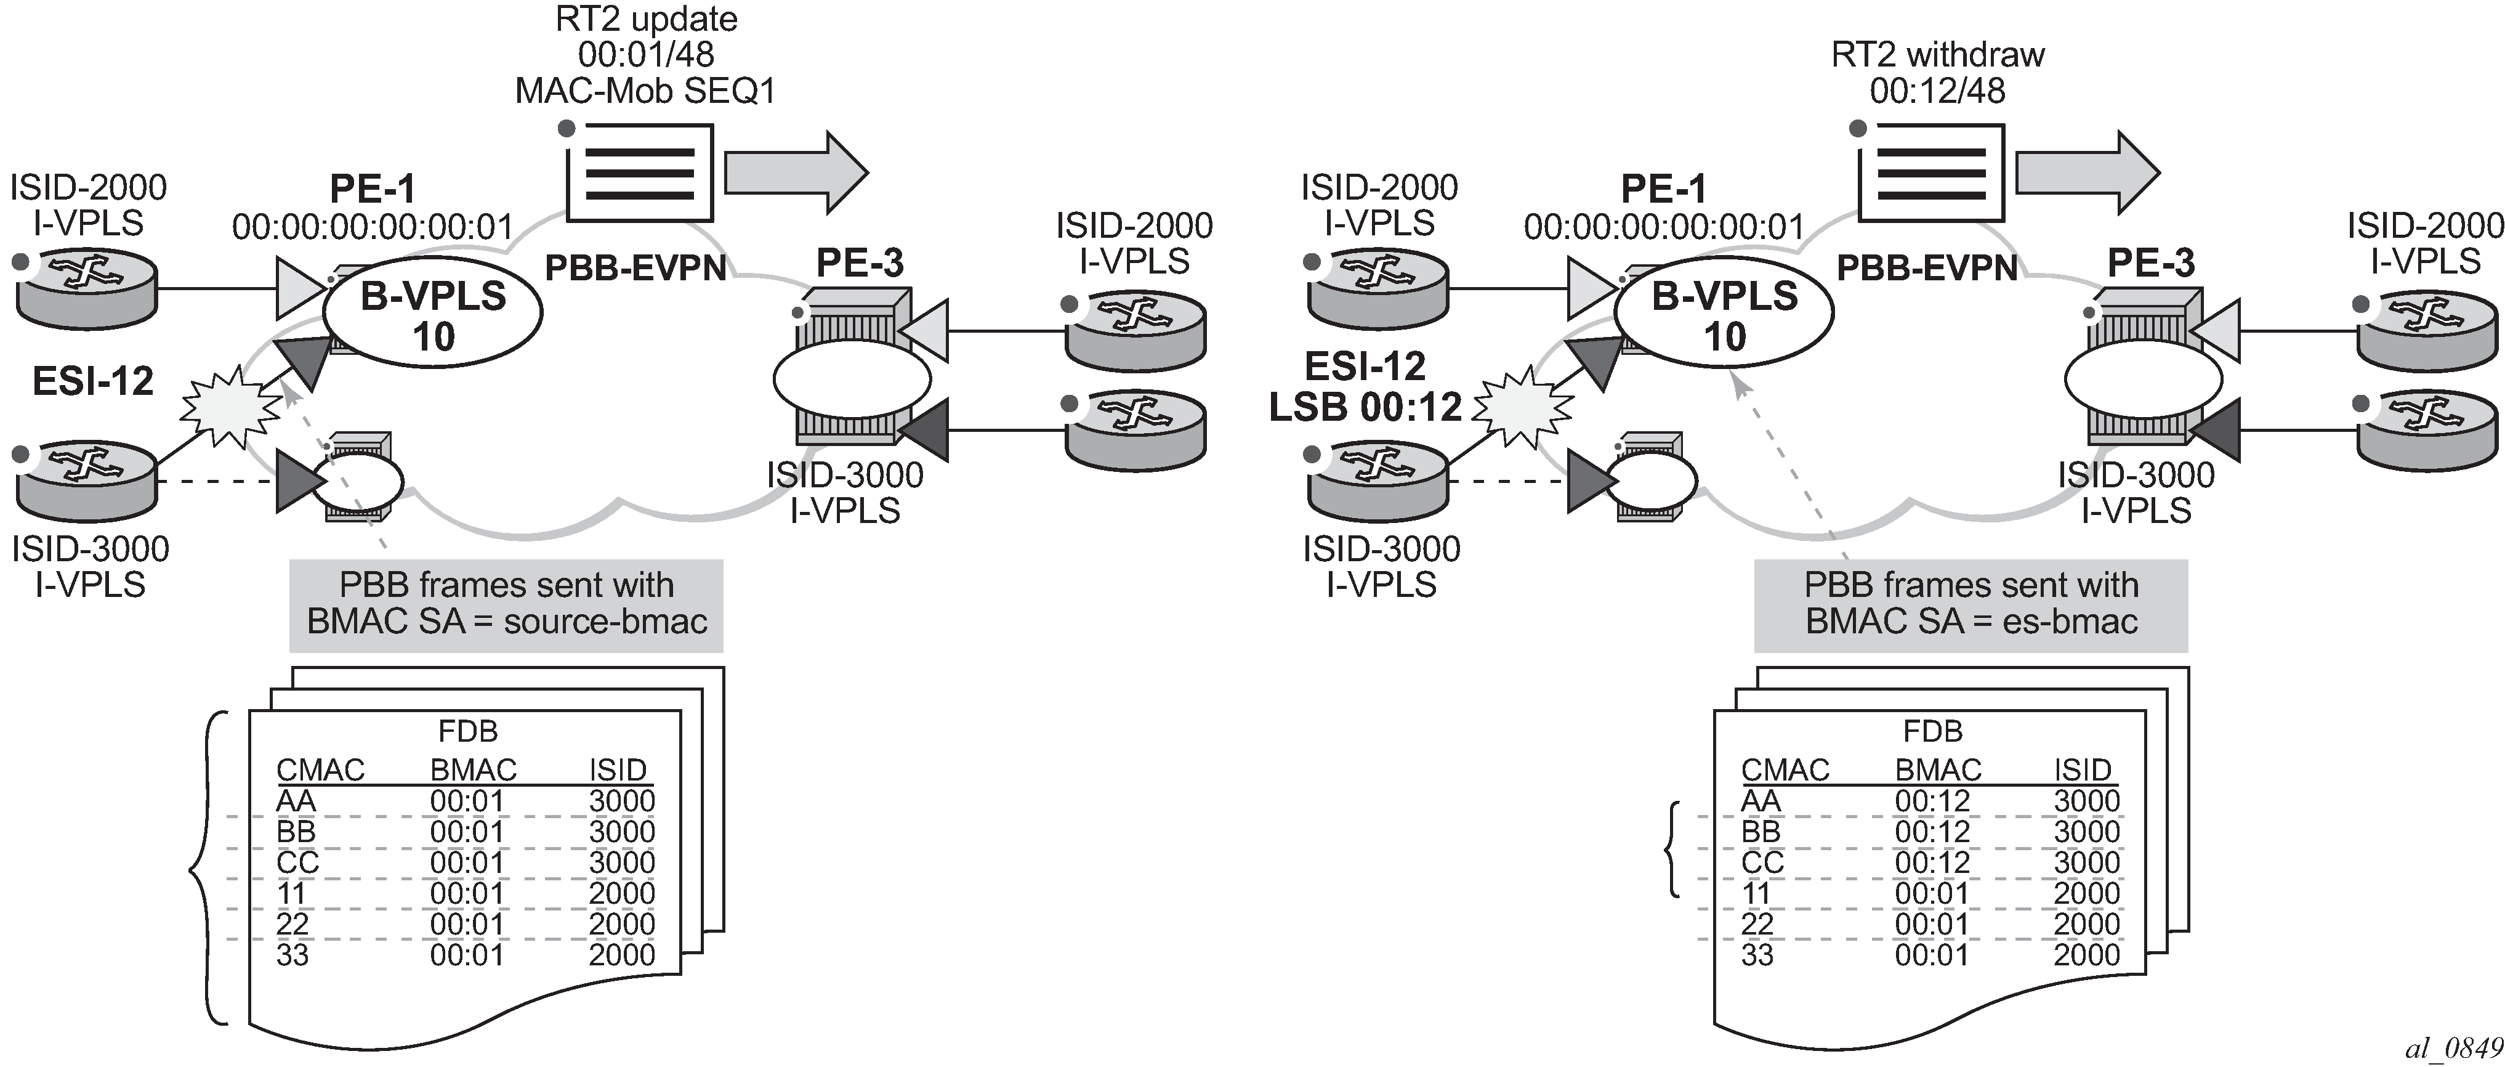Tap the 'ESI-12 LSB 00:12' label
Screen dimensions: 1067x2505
pos(1365,386)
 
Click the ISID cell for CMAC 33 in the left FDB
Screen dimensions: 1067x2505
pos(621,955)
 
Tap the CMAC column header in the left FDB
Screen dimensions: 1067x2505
pos(320,770)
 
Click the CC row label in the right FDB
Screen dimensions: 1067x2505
pos(1762,862)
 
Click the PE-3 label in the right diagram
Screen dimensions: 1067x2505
pos(2151,262)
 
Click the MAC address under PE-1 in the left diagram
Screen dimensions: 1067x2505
pos(373,227)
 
